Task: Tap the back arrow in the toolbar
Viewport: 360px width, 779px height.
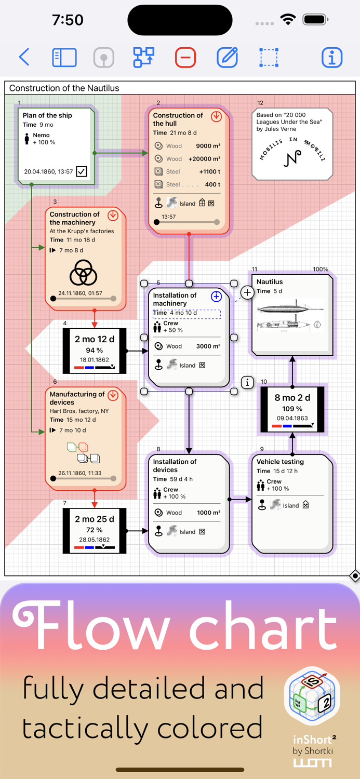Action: click(x=24, y=57)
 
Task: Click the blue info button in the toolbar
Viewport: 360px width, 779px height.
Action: click(x=331, y=57)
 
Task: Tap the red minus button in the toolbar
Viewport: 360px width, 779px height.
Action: click(x=185, y=57)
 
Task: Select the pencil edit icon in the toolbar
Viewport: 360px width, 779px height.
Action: click(x=227, y=57)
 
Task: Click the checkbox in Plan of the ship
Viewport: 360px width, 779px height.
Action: click(x=82, y=171)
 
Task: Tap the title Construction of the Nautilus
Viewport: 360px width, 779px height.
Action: click(x=64, y=88)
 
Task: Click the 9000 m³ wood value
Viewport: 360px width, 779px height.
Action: click(x=208, y=146)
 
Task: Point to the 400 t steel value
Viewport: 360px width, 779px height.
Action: click(x=212, y=184)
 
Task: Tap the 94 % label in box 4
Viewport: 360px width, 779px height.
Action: click(x=94, y=351)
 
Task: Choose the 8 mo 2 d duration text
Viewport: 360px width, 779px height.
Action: click(x=292, y=398)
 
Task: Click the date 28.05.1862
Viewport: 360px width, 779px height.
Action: click(x=94, y=540)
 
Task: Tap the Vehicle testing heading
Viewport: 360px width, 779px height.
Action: click(x=280, y=462)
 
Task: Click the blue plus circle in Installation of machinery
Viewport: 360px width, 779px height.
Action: click(x=216, y=297)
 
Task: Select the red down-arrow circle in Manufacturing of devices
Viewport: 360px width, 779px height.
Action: click(x=113, y=395)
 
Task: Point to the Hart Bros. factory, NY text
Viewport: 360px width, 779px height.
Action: click(x=79, y=411)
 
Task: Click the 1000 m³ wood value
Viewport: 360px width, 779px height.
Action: click(x=208, y=513)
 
